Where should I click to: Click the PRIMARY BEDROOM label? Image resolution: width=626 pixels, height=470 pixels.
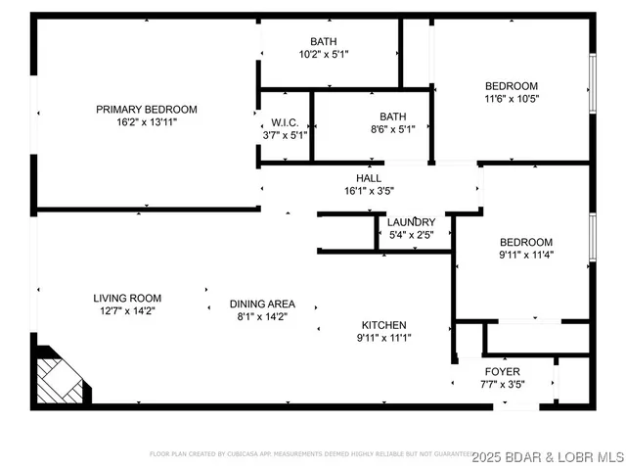pos(146,110)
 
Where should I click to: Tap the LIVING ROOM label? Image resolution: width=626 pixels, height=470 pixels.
pos(127,298)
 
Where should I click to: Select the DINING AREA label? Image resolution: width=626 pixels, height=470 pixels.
pos(262,304)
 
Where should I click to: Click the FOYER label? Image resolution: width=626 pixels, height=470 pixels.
pos(503,372)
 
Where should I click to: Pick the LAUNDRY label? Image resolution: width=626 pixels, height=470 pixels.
pos(411,222)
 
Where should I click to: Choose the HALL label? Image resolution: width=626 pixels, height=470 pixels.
pos(369,178)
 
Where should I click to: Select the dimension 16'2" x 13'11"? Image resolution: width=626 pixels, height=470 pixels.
pos(146,122)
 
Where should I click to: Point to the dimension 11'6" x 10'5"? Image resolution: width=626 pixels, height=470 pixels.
pos(512,99)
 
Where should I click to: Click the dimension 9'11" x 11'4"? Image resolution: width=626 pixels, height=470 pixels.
pos(526,257)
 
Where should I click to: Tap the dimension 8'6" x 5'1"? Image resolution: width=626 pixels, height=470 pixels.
pos(393,129)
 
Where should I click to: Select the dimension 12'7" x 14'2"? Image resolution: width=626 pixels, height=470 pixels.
pos(127,311)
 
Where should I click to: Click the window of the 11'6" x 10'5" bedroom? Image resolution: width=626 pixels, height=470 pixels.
pos(591,81)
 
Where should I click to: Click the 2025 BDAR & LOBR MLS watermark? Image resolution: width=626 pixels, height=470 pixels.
pos(548,455)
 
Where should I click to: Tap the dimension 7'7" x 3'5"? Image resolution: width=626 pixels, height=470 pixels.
pos(503,385)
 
